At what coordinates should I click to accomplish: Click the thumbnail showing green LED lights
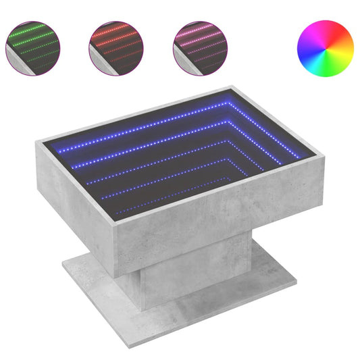(33, 45)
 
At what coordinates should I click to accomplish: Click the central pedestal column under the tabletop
(162, 284)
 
